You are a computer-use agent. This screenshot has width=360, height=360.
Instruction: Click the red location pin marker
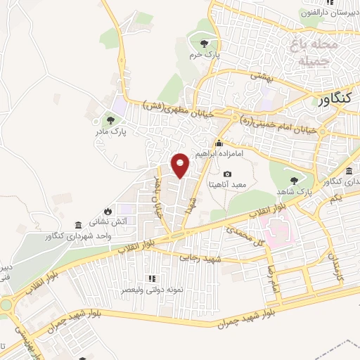pos(181,166)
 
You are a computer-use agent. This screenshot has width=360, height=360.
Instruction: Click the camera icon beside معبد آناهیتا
pos(226,174)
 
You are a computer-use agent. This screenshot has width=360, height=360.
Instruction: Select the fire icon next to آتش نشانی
pos(107,210)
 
